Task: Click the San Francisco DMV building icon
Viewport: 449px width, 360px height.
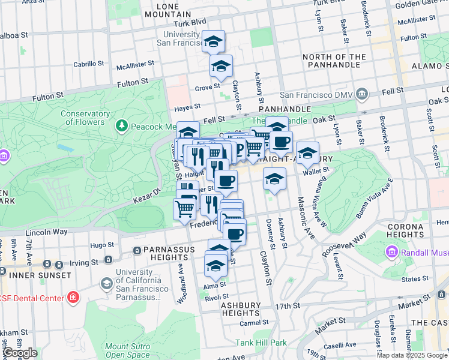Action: (361, 94)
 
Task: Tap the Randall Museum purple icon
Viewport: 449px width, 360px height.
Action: (393, 251)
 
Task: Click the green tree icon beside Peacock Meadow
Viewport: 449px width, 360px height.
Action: (122, 125)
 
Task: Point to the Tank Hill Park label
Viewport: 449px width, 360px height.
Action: (261, 343)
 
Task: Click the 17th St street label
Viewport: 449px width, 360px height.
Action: (288, 306)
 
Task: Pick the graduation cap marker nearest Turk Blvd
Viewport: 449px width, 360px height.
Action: (212, 42)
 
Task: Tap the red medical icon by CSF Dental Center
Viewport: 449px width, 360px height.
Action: (73, 297)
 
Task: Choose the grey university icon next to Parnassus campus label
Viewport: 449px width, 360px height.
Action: (106, 283)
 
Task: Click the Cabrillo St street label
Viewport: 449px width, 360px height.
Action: (89, 64)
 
